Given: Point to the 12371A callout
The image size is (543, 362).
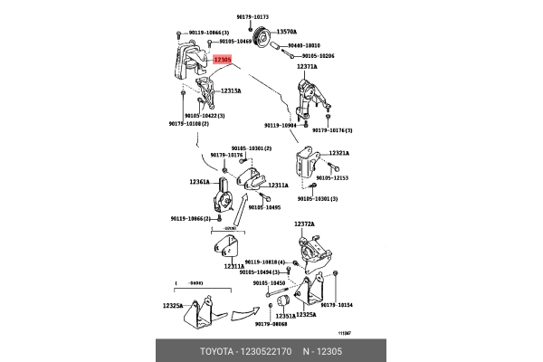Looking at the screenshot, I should point(307,67).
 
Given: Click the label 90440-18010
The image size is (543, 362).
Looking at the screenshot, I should point(305,43).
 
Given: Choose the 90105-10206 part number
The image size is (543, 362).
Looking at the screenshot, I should point(316,56).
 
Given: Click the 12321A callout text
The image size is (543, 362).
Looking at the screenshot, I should point(340,153).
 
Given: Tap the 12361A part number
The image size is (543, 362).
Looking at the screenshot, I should point(201,181).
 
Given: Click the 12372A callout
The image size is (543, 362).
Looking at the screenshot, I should point(304,224).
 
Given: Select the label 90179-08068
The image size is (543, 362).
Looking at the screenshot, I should point(271,323).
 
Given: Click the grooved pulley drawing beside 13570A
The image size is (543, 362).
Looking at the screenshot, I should point(262,40).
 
